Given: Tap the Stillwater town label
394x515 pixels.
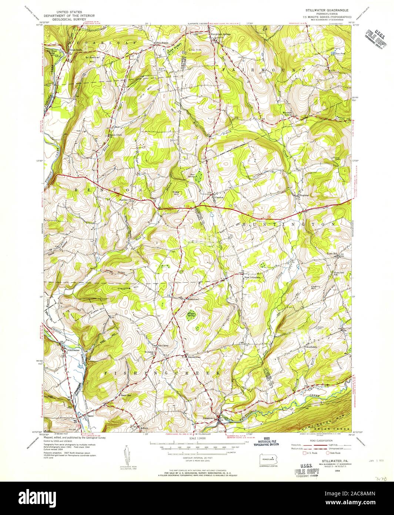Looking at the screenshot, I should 74,349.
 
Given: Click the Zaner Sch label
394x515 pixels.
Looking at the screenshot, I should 126,395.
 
